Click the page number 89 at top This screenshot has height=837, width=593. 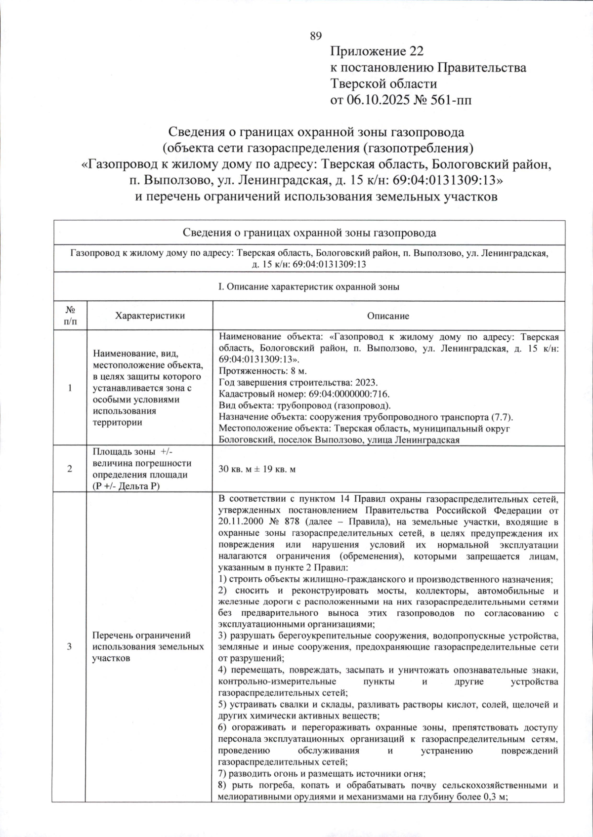(315, 36)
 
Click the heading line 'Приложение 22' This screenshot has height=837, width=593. (377, 51)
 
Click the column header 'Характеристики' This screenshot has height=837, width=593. (150, 316)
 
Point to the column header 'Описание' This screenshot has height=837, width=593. (388, 316)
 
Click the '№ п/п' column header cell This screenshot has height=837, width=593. (70, 316)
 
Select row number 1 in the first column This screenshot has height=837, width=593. (70, 388)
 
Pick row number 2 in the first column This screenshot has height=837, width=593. (70, 469)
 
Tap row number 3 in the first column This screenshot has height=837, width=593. (70, 646)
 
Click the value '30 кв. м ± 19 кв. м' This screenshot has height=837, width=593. (257, 469)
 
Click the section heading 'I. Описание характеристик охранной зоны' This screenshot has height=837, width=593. (309, 287)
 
